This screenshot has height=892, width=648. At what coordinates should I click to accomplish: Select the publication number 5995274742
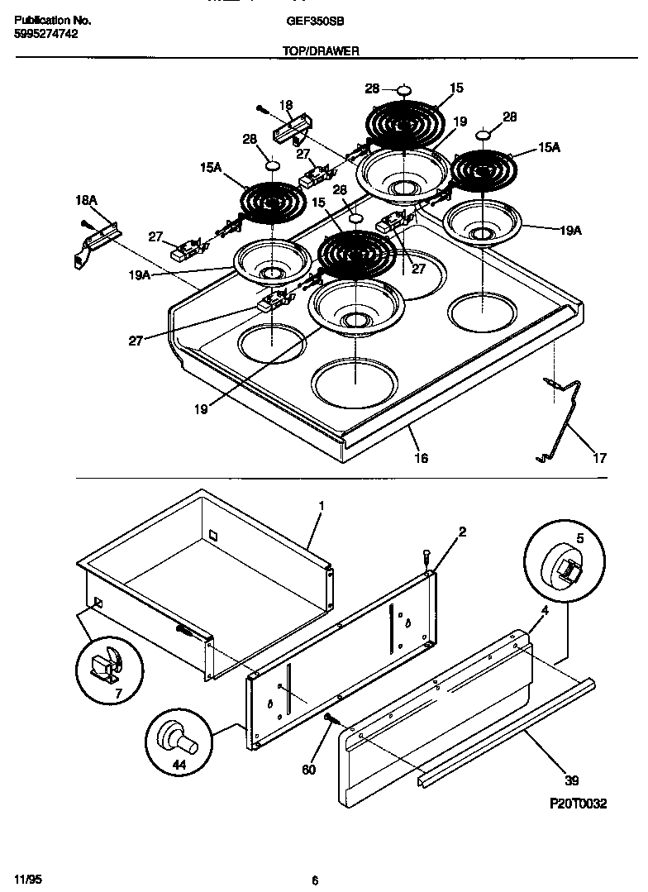tap(47, 34)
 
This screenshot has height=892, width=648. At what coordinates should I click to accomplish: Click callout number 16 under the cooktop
tap(422, 457)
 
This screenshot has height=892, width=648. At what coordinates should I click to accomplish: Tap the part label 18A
tap(86, 200)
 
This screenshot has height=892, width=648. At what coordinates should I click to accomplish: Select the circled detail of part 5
tap(560, 564)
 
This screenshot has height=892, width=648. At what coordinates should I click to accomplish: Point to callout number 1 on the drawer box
tap(321, 505)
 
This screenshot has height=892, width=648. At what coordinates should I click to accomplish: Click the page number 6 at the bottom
tap(315, 880)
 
